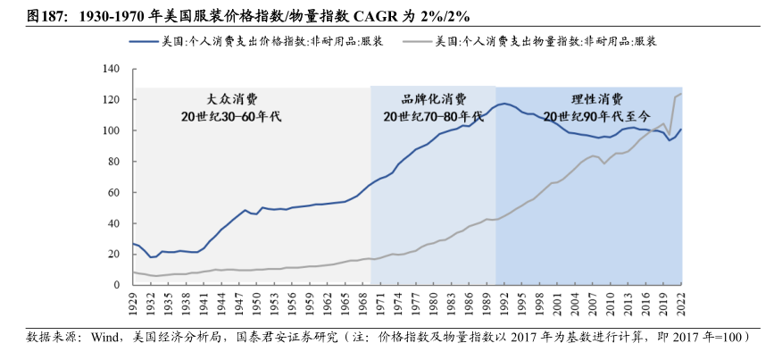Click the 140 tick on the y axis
[112, 69]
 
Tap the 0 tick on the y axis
[117, 285]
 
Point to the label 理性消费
[591, 98]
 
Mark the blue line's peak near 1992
[504, 104]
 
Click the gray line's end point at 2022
[680, 94]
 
